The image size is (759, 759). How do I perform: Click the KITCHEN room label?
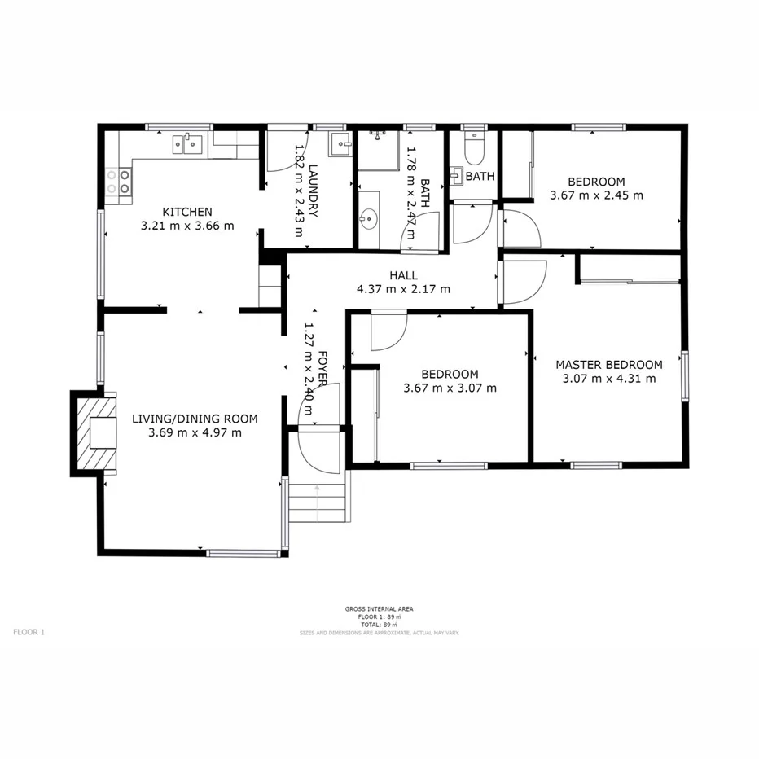point(187,212)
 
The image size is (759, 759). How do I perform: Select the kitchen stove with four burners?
point(119,181)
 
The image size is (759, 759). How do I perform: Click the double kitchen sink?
point(186,144)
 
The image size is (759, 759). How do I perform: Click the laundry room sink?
point(340,145)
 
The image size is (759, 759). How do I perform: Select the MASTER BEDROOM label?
point(608,365)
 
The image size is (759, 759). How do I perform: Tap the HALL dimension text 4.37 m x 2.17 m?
point(403,289)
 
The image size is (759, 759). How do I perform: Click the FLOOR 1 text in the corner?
point(29,632)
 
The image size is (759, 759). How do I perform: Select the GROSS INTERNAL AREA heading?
point(379,609)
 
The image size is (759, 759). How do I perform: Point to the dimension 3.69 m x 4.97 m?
point(195,432)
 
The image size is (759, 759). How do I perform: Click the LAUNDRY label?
point(313,191)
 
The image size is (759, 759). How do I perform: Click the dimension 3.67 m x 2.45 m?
point(596,195)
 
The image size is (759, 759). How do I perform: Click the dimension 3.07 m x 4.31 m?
point(608,378)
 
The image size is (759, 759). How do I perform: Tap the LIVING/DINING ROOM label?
point(195,419)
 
